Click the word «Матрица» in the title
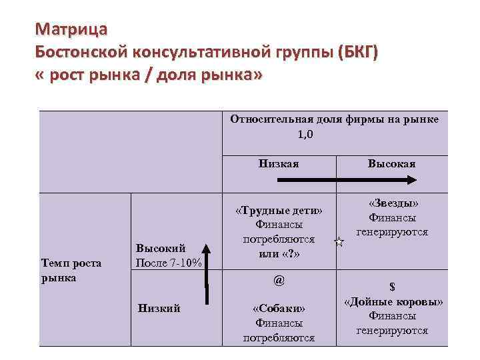coord(69,29)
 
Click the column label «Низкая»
coord(279,163)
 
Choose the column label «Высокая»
coord(391,163)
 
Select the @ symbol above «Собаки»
coord(279,281)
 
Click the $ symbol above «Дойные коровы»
coord(392,287)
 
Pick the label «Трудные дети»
coord(279,211)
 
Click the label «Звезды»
coord(392,203)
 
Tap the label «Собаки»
coord(279,309)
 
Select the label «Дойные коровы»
coord(393,301)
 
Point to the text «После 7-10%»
coord(168,262)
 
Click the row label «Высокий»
coord(159,248)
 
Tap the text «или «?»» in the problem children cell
coord(279,253)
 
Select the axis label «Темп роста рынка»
coord(71,270)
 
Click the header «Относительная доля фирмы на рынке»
coord(334,119)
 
